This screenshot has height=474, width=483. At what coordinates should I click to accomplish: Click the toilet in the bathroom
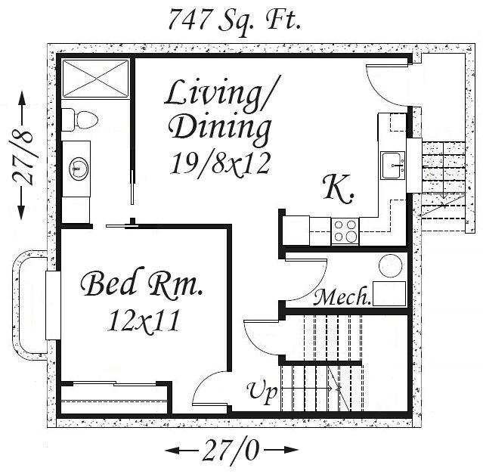point(79,119)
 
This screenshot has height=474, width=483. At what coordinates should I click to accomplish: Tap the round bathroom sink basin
point(79,169)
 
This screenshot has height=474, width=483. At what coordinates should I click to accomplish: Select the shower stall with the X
point(95,79)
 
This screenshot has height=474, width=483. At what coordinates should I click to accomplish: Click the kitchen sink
point(392,165)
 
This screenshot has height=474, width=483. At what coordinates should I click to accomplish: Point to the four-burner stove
point(345,231)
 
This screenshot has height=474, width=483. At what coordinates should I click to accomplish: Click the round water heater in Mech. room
point(390,265)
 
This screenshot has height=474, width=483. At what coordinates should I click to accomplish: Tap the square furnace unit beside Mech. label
point(389,293)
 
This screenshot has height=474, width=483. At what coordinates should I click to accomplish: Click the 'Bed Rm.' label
point(141,283)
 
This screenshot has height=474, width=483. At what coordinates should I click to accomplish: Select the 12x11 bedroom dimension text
point(144,321)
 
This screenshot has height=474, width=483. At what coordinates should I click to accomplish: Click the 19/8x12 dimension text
point(220,163)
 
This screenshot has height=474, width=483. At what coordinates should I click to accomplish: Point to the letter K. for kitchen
point(338,189)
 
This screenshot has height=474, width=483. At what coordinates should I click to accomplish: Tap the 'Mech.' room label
point(342,296)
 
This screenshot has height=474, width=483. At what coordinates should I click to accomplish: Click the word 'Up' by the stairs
point(262,392)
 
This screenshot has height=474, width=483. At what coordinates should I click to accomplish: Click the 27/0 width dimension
point(231,450)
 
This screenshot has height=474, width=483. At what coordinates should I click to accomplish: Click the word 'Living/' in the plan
point(222,93)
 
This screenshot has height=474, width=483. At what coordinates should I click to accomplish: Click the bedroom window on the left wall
point(53,305)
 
